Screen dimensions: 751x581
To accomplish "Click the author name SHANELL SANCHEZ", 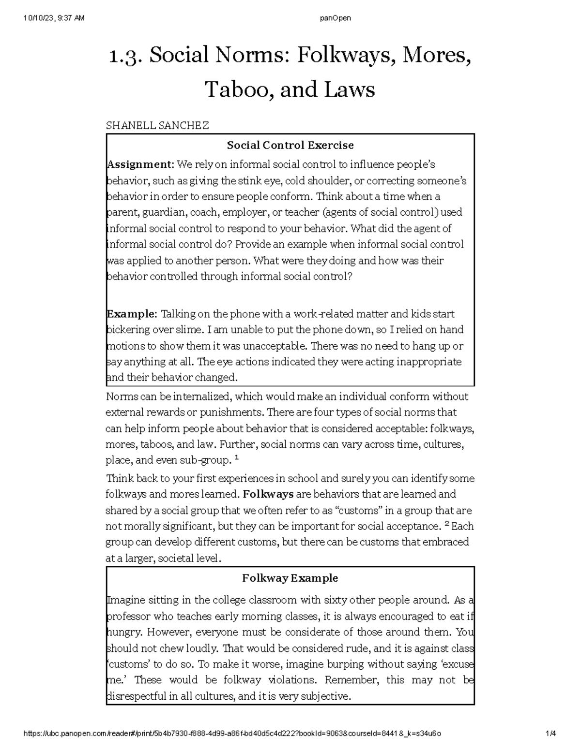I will [157, 126].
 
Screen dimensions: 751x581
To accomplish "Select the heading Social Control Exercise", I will [290, 145].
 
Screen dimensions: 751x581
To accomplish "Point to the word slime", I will [190, 330].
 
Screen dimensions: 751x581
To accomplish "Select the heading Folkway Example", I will [290, 578].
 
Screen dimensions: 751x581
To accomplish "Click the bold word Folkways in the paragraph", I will [268, 494].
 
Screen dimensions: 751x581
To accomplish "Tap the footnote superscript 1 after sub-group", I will [236, 457].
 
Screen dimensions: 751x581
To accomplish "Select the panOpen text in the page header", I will [336, 18].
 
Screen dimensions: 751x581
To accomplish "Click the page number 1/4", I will [550, 734].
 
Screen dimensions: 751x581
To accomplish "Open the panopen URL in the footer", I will [232, 734].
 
